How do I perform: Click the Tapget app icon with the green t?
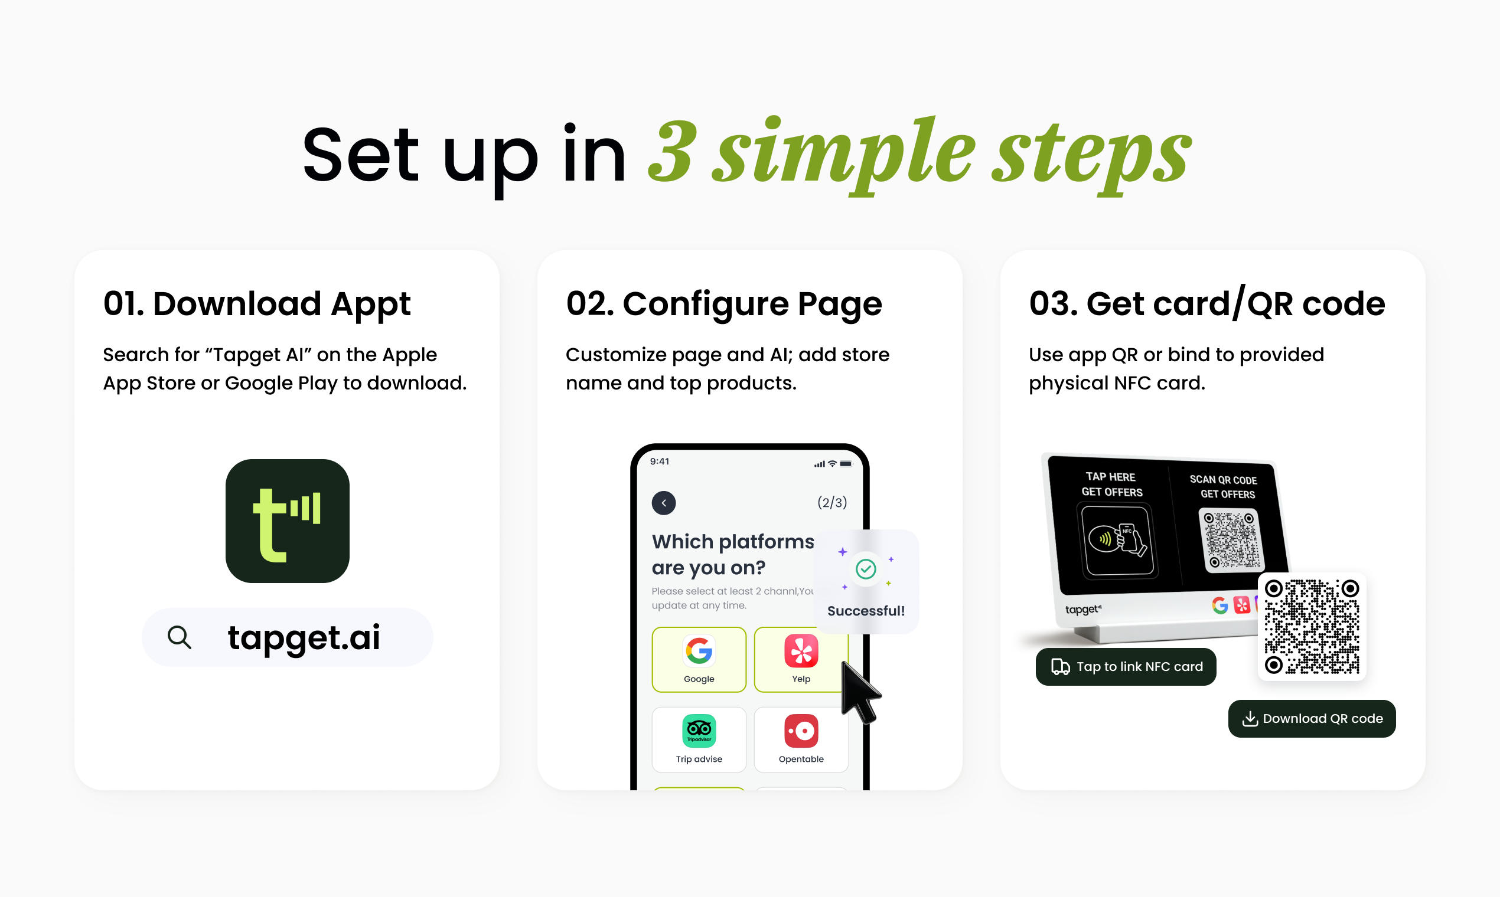coord(287,521)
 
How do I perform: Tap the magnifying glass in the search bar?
coord(179,637)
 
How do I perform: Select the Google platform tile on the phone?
coord(699,659)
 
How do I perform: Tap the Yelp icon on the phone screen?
coord(801,651)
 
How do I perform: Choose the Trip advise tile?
coord(699,740)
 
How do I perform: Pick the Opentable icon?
coord(801,731)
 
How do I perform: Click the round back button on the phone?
coord(664,503)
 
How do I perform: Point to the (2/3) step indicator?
coord(831,503)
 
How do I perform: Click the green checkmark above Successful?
coord(866,569)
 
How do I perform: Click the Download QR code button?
coord(1311,719)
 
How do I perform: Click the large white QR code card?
coord(1312,627)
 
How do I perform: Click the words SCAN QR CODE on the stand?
coord(1223,480)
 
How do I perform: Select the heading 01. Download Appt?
coord(257,304)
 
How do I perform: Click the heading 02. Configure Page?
coord(724,304)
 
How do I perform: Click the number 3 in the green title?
coord(671,150)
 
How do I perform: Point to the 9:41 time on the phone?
coord(659,462)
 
